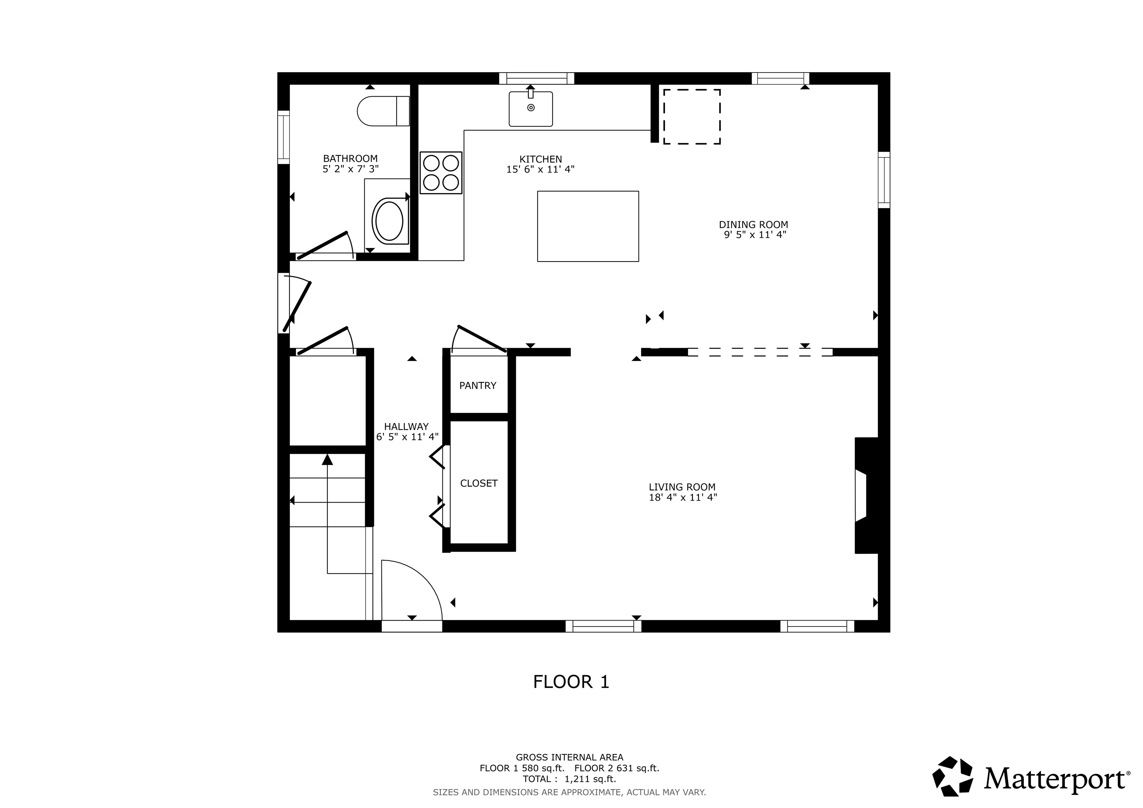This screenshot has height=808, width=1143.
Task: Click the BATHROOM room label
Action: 350,159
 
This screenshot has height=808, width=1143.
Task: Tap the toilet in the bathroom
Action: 383,111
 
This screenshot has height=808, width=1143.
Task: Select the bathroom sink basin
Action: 389,221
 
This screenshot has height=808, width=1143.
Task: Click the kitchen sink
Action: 531,109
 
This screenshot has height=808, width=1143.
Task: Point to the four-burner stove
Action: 441,173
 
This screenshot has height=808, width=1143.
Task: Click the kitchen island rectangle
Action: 588,226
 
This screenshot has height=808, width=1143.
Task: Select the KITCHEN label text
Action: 541,159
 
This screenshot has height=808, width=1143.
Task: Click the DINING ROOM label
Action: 753,225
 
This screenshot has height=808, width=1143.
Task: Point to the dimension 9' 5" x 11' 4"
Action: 755,234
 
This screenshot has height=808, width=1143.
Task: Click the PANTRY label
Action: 478,385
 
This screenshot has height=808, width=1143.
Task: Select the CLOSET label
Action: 479,483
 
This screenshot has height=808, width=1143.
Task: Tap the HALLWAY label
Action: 406,427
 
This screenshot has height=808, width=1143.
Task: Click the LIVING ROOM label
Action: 682,487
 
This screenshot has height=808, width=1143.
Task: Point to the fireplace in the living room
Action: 866,496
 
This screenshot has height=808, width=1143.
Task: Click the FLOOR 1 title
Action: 571,682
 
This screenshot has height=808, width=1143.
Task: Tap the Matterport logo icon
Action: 953,776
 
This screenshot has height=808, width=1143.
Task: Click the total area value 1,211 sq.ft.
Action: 590,779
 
